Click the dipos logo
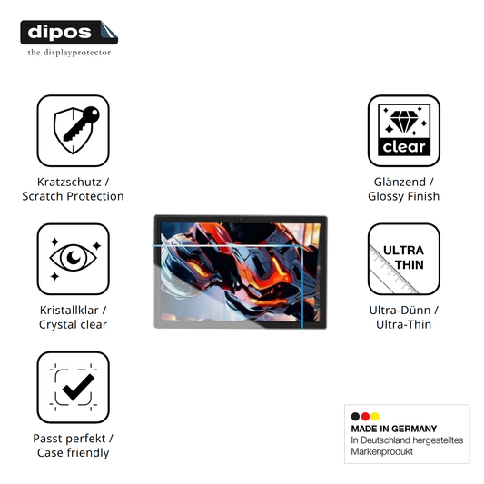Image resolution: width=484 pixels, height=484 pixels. coord(69,33)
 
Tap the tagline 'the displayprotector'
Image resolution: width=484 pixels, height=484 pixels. coord(69,53)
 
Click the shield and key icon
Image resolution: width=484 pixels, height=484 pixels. coord(74,131)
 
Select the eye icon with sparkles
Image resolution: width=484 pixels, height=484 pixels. coord(74,259)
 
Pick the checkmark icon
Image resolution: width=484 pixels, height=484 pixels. coord(74,388)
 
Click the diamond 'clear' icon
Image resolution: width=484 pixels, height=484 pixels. coord(404,131)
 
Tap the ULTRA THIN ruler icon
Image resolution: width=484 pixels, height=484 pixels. coord(404,259)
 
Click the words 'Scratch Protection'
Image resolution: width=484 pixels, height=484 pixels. coord(73,196)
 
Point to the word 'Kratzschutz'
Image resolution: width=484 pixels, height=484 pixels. coord(69,183)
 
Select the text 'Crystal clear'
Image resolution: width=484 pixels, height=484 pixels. coord(73,325)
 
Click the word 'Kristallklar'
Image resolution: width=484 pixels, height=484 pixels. coord(69,311)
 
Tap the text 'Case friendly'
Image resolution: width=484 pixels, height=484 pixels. coord(74,453)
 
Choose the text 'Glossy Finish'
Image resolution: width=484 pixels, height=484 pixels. coord(404,196)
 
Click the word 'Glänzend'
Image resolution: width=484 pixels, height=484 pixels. coord(400,183)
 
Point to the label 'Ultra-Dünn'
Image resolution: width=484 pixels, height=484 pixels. coord(400,311)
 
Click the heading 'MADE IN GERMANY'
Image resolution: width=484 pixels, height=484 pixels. coord(394,429)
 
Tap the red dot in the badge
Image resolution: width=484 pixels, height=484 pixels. coord(365,417)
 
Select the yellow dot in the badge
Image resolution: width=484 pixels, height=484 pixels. coord(375,417)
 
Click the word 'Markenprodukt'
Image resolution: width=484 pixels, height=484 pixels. coord(381,452)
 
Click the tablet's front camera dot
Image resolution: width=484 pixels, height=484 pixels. coord(241,219)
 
